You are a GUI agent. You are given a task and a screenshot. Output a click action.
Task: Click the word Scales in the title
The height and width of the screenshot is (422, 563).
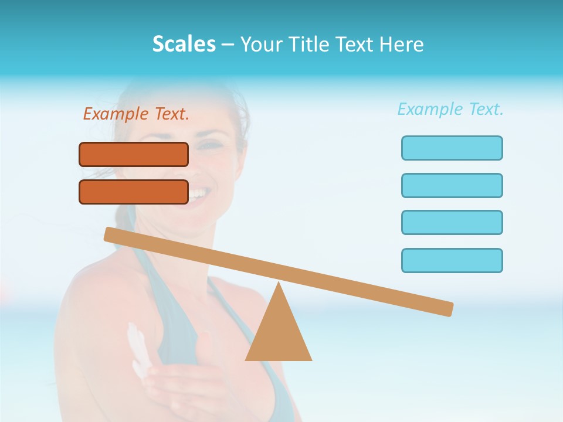pos(184,44)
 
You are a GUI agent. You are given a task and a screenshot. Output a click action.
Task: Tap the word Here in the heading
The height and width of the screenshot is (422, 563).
pos(402,44)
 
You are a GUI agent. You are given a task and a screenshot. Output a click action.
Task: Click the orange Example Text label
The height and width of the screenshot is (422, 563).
pos(136,114)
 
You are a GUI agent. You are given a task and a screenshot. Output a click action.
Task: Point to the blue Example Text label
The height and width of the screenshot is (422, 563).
pos(450,109)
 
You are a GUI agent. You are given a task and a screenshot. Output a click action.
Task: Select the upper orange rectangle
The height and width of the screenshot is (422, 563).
pos(134,154)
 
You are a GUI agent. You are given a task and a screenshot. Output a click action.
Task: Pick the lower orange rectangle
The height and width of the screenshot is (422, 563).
pos(134,192)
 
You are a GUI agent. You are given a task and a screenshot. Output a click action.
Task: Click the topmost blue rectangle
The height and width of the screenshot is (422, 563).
pos(452,148)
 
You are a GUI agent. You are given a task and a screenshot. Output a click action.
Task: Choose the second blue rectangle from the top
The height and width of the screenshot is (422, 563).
pos(452,185)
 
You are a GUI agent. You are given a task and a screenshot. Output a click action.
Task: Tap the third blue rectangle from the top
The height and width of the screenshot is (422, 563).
pos(452,223)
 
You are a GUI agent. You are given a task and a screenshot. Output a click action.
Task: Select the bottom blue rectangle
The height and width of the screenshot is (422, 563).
pos(452,260)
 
